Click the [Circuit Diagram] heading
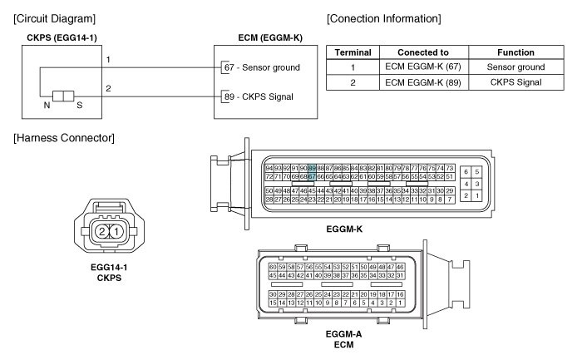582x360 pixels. point(54,18)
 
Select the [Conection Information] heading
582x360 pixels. point(383,18)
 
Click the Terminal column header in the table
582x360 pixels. point(353,52)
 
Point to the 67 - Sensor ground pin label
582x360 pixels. point(262,66)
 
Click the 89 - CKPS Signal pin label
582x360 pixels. point(259,96)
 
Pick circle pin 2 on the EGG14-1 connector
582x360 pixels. point(100,230)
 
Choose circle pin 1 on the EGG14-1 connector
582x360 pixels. point(116,230)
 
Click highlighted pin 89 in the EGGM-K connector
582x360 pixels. point(313,169)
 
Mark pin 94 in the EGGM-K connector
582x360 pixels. point(269,169)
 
